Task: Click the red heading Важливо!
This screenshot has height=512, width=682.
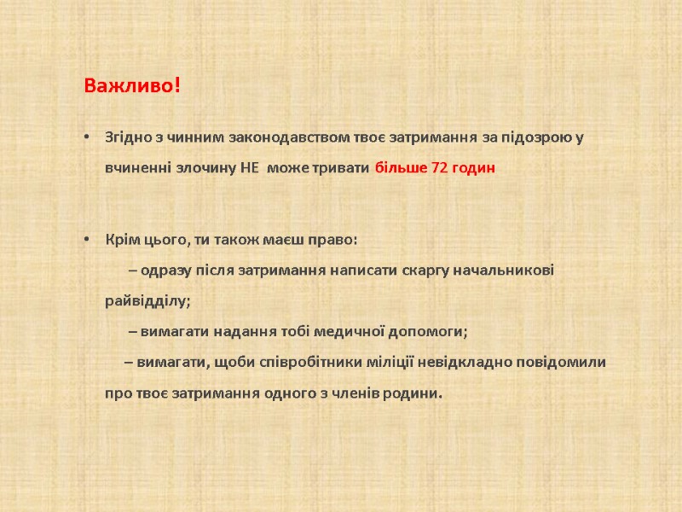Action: coord(132,86)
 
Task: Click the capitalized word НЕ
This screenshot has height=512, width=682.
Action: coord(249,168)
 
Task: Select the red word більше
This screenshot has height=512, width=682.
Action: coord(402,168)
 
